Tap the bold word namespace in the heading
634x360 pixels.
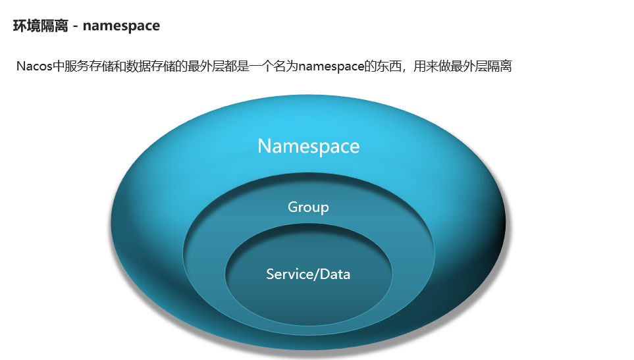pos(121,26)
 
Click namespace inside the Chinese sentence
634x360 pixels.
pos(331,66)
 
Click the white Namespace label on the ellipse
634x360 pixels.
pos(308,146)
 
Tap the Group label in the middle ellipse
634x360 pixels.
pos(308,207)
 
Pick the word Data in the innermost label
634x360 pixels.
pos(335,274)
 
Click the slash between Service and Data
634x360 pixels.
pos(317,274)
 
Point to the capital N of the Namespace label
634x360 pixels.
pos(264,146)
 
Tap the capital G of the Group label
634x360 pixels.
pos(293,207)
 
